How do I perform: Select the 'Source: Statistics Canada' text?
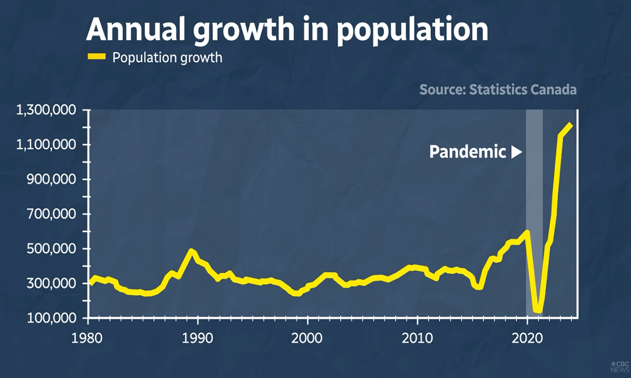click(x=497, y=89)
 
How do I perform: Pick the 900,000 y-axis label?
click(x=53, y=180)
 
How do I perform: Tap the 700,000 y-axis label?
click(x=53, y=214)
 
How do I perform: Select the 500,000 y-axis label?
click(x=53, y=249)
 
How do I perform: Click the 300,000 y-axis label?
click(x=53, y=283)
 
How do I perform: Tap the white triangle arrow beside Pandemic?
click(x=516, y=152)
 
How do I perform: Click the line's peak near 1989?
click(x=191, y=251)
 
